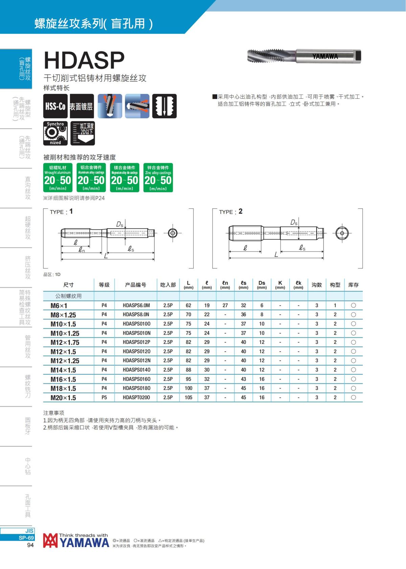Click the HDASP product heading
(x=84, y=60)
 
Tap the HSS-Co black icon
(x=55, y=106)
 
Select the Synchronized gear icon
(x=55, y=133)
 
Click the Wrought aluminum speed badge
(x=58, y=177)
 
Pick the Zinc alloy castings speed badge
(x=158, y=177)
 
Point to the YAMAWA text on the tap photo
(x=325, y=56)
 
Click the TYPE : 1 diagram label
(x=61, y=212)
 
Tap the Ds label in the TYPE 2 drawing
(x=294, y=222)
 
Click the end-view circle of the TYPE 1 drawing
(x=173, y=233)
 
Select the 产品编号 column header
(x=136, y=285)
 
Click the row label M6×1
(x=59, y=306)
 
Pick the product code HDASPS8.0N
(x=136, y=314)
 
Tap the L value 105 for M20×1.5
(x=188, y=397)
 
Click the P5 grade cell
(x=104, y=397)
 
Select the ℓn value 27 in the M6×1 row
(x=225, y=305)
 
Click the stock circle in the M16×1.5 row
(x=353, y=379)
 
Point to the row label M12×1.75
(x=65, y=342)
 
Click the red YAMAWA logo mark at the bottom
(x=50, y=540)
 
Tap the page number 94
(x=30, y=545)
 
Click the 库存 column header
(x=353, y=285)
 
